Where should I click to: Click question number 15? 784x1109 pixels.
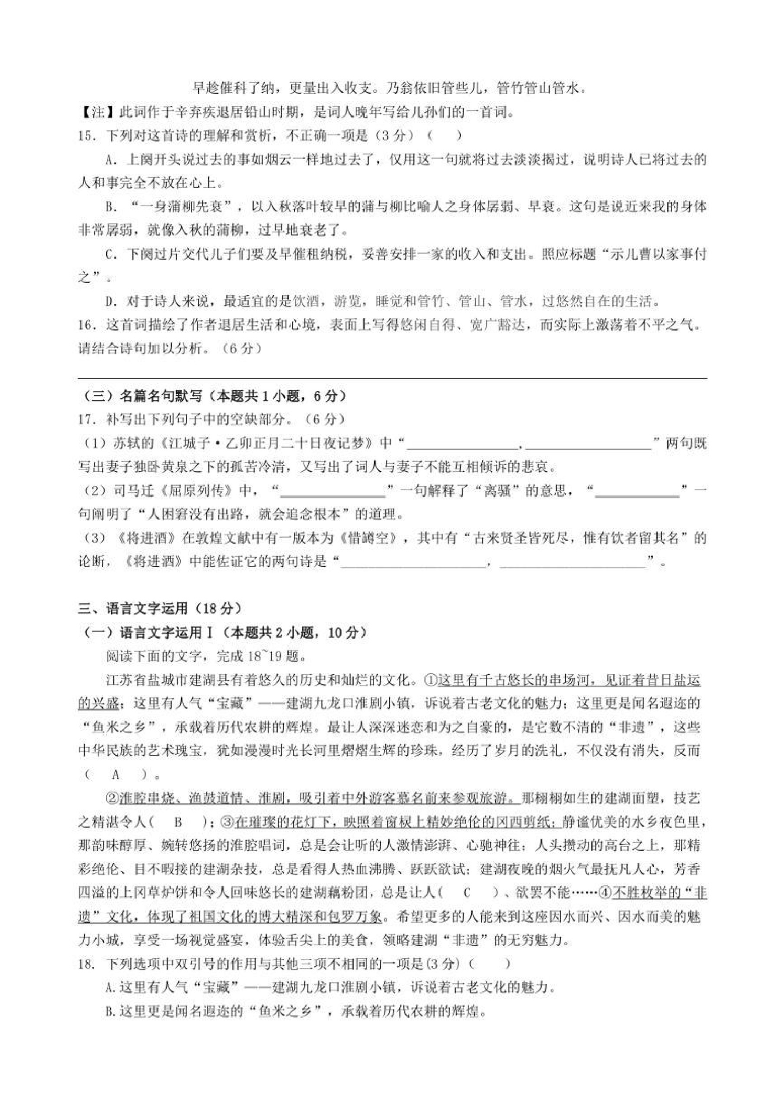point(87,136)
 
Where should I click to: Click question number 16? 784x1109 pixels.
point(87,326)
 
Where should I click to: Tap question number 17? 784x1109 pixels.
point(87,419)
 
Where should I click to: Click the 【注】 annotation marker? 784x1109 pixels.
point(92,112)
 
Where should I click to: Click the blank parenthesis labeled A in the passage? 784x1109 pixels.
point(115,775)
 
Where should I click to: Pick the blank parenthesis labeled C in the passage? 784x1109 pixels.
point(466,893)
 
